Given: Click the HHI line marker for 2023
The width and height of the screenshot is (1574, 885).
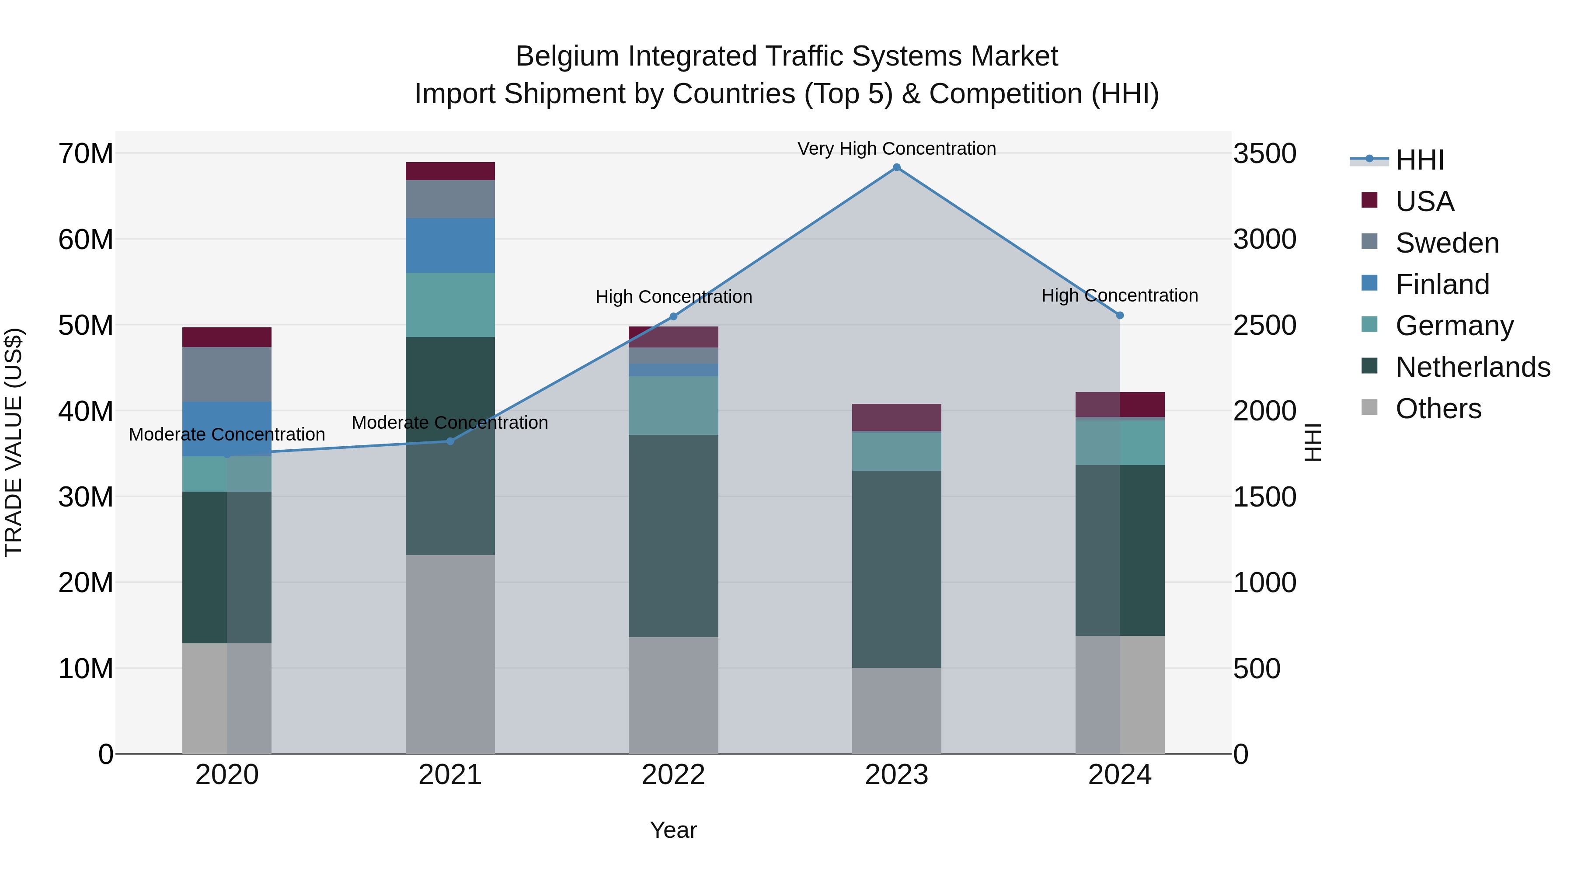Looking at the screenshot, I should click(896, 167).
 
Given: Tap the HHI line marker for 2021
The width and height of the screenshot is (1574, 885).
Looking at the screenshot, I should click(450, 441).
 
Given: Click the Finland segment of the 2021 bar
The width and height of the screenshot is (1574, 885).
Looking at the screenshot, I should click(450, 246).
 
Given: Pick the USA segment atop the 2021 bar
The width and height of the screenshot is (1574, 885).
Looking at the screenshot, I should click(450, 171).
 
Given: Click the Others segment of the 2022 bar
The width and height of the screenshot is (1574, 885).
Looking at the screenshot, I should click(673, 695).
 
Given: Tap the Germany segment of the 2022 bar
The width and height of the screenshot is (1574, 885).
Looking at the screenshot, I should click(673, 406).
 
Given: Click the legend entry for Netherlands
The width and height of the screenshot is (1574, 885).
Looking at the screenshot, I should click(1473, 367).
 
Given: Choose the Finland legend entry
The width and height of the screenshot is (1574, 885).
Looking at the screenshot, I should click(1442, 285).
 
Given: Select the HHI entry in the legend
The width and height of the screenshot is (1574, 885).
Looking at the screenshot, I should click(1419, 160).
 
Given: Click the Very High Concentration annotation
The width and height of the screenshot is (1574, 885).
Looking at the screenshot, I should click(896, 149).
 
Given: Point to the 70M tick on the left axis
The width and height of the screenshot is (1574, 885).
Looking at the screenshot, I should click(86, 153).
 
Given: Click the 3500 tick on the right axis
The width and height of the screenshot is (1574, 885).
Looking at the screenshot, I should click(1264, 153).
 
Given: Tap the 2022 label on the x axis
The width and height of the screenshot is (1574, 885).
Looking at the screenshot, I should click(673, 775).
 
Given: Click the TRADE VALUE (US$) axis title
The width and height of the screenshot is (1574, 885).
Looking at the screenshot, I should click(14, 442).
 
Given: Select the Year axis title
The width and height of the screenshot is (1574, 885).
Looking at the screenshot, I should click(673, 830).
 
